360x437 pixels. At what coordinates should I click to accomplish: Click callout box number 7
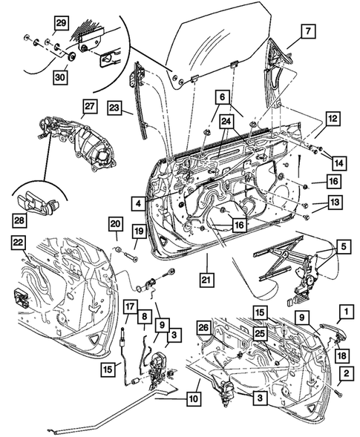point(308,30)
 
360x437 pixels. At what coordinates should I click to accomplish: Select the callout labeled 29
point(61,23)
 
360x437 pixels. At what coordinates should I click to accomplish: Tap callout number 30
point(60,77)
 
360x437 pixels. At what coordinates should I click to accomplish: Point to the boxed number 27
point(89,106)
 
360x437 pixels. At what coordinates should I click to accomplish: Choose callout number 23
point(114,108)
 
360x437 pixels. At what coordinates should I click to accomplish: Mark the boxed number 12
point(333,119)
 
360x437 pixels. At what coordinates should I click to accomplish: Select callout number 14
point(339,163)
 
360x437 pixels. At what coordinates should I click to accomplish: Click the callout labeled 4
point(139,204)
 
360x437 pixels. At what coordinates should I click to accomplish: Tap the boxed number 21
point(206,279)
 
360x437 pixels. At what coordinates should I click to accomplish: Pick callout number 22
point(18,243)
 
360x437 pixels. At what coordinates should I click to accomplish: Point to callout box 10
point(193,398)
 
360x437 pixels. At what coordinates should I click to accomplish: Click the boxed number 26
point(204,328)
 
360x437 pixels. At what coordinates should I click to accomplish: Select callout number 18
point(342,355)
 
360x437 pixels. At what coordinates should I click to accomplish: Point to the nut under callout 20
point(118,249)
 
